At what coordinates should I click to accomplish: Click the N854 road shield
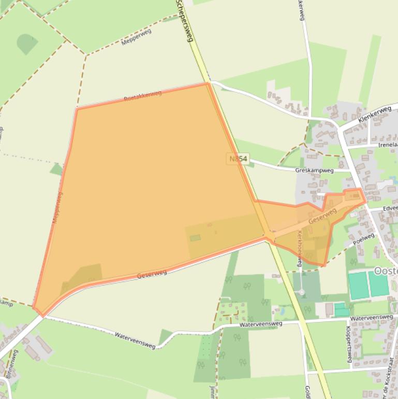click(x=238, y=159)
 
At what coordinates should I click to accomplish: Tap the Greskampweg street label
click(x=315, y=169)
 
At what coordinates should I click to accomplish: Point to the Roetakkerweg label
click(x=143, y=96)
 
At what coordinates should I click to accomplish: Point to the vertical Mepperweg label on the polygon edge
click(x=57, y=207)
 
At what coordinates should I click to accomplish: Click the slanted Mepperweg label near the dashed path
click(x=136, y=37)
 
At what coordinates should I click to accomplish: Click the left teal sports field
click(x=358, y=286)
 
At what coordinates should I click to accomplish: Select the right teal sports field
click(x=378, y=283)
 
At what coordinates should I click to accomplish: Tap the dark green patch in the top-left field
click(x=27, y=44)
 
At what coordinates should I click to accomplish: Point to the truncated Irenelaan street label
click(x=388, y=145)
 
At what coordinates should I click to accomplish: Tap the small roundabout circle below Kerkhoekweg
click(x=301, y=292)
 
